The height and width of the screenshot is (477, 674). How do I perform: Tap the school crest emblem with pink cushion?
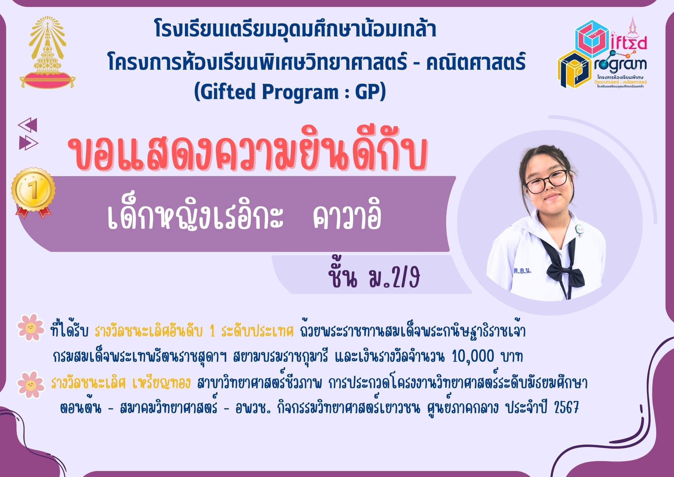click(47, 53)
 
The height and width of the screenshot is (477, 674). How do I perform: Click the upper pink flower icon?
click(31, 327)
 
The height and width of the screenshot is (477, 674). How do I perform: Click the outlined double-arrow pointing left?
click(28, 125)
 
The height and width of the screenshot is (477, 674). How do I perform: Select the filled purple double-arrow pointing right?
click(29, 143)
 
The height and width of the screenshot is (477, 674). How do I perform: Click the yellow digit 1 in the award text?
click(212, 331)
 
